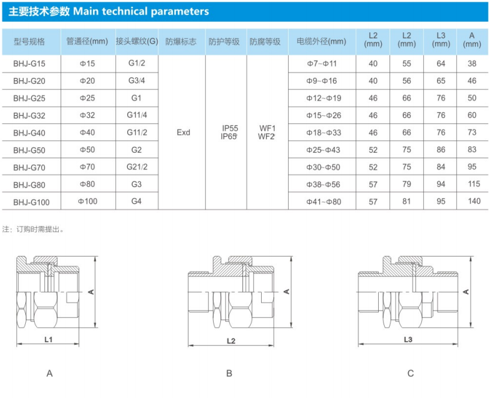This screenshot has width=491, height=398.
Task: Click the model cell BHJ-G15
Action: pos(29,64)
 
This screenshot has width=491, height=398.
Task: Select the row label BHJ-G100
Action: pos(31,202)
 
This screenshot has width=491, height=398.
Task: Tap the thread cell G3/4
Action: pos(136,81)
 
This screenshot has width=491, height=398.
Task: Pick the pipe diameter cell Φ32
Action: pos(88,115)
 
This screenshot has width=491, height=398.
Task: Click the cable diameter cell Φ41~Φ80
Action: pos(324,201)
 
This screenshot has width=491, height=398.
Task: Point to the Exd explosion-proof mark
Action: pos(183,132)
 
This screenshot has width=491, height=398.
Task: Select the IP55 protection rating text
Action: pos(230,128)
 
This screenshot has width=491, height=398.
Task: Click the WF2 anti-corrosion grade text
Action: pos(266,137)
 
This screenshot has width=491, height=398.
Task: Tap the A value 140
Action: pos(474,201)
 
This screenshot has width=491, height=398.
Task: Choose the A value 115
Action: pos(474,184)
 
